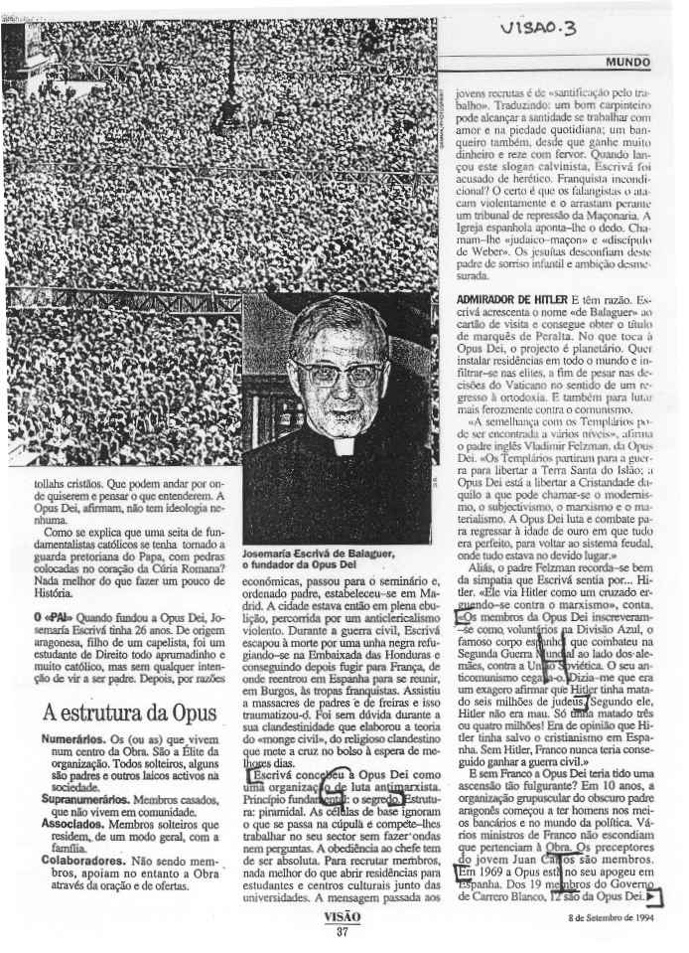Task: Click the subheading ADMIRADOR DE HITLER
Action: (502, 298)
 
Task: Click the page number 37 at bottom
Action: (343, 931)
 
